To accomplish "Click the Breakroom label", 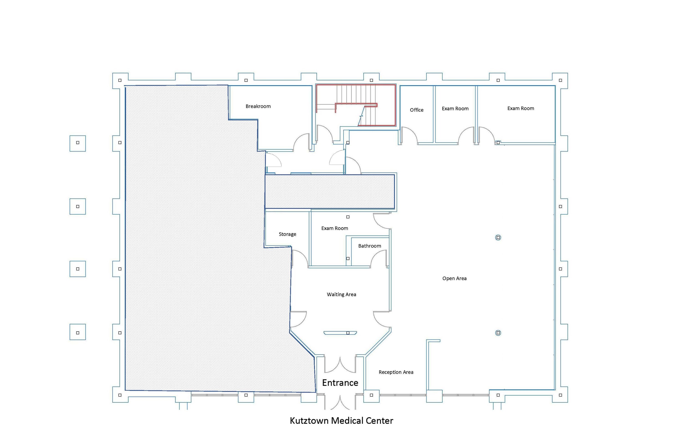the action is [258, 106].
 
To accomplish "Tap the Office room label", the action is [416, 110].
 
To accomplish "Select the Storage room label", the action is [287, 234].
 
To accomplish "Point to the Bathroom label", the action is [370, 246].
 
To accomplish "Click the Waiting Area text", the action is [341, 294].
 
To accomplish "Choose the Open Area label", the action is [454, 278].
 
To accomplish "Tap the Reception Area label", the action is [396, 372].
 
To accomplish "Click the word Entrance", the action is [340, 383].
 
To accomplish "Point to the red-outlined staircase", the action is [356, 105].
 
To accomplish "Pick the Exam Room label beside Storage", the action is [335, 228].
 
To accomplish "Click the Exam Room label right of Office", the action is [455, 108].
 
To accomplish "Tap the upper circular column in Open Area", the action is [498, 237].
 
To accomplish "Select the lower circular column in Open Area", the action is [498, 333].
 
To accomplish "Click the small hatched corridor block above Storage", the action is [330, 192].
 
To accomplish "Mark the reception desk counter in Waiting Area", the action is [340, 333].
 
